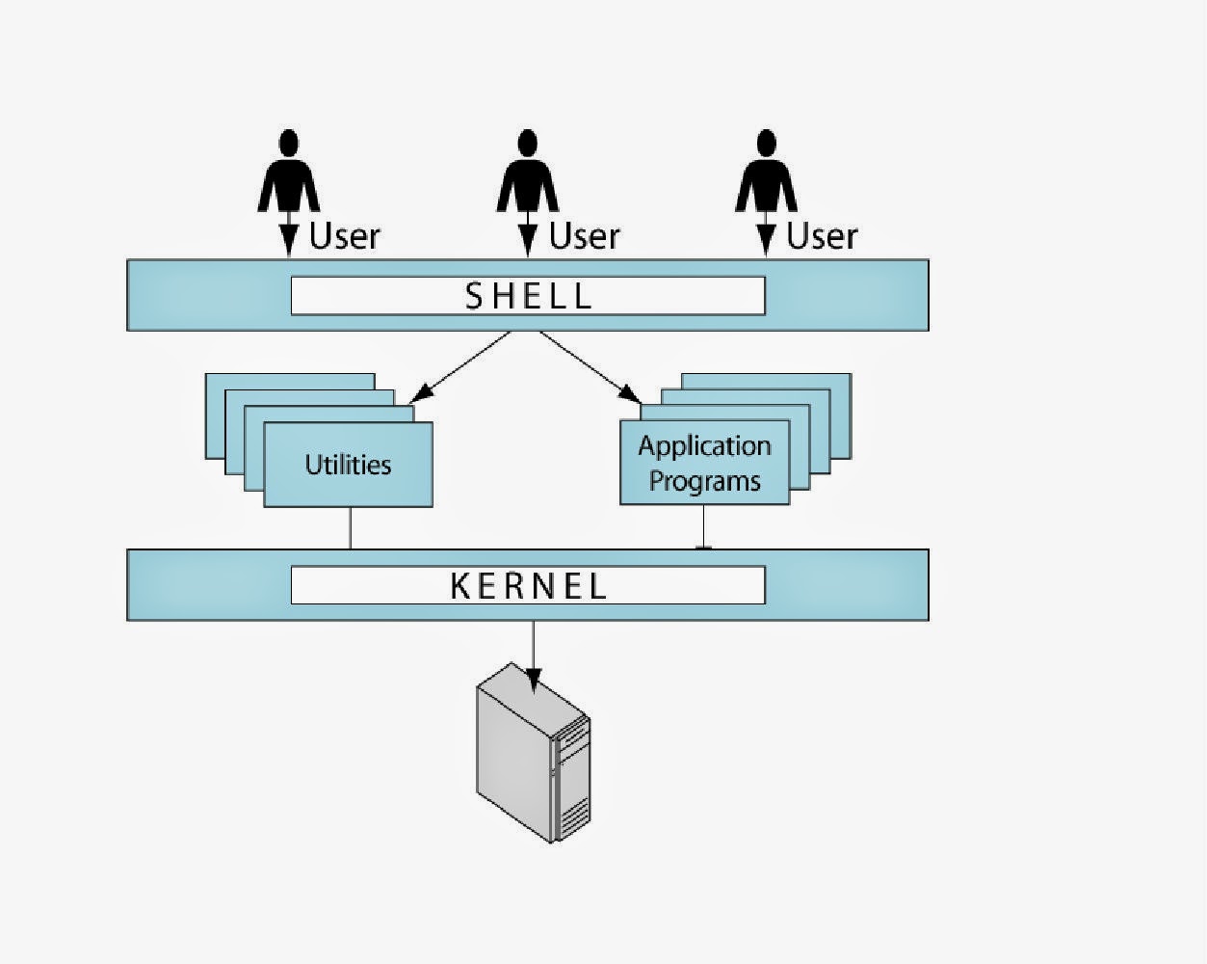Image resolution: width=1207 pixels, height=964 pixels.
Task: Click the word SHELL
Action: pos(528,296)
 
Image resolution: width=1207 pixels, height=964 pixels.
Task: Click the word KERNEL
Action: pos(528,586)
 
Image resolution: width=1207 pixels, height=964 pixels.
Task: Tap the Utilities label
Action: pos(348,465)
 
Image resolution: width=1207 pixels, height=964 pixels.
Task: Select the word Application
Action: pos(704,446)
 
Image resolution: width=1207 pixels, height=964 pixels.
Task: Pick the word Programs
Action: pos(704,481)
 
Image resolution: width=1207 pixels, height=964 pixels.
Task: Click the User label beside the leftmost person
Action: pos(345,236)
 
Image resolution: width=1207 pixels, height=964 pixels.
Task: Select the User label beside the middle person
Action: pos(584,236)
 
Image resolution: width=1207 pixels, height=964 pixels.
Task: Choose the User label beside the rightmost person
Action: pos(822,236)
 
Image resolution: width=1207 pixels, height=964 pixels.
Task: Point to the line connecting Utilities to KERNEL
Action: pos(350,528)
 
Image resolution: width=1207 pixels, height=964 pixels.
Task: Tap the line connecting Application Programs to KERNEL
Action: pos(703,527)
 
